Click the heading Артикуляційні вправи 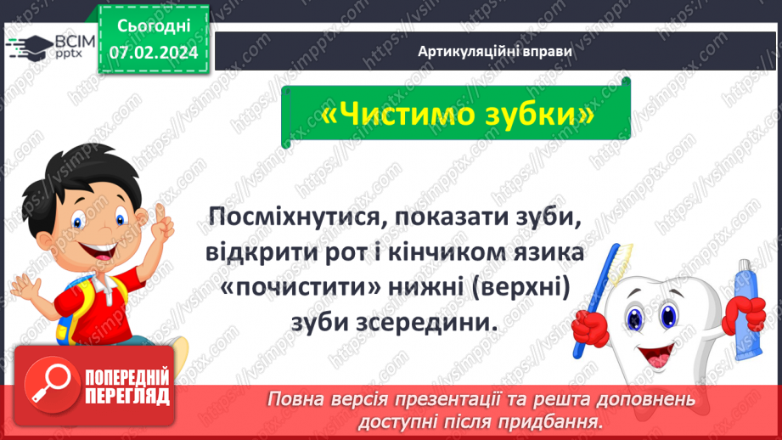494,52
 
